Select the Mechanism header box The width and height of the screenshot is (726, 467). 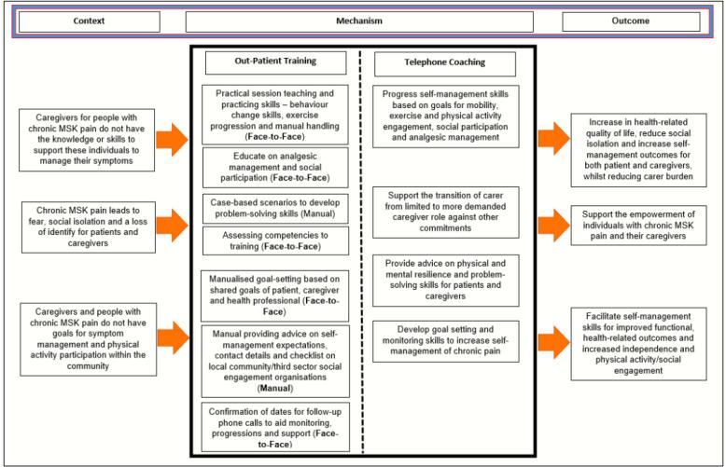359,21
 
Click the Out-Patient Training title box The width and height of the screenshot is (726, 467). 274,62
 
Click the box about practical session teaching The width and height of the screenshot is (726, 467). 274,112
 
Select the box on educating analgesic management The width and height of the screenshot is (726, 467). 274,167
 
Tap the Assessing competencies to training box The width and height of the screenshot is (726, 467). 274,240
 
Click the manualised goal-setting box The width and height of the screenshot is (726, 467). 274,294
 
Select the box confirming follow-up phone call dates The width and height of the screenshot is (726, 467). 274,427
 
